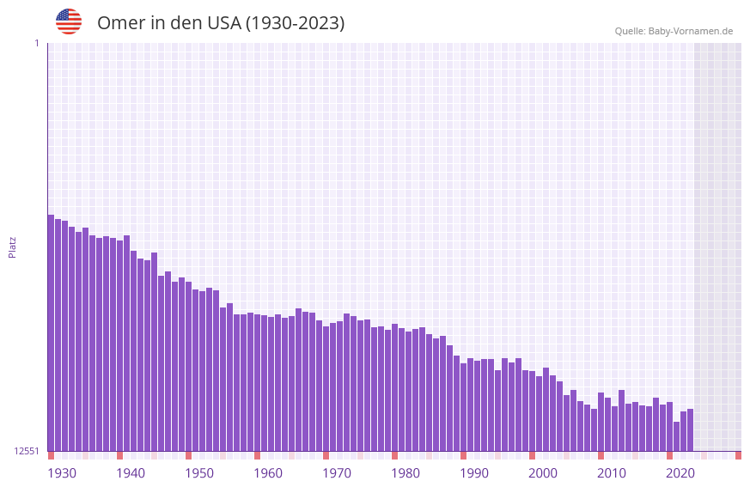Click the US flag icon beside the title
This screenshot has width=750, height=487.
tap(69, 22)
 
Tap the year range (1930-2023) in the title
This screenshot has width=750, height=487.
tap(295, 23)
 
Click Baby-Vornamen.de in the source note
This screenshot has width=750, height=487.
tap(691, 31)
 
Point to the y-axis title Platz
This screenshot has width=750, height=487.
tap(12, 247)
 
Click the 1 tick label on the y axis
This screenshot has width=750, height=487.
tap(36, 43)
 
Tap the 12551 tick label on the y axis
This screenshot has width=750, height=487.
tap(27, 451)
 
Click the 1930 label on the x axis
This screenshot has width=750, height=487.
tap(62, 473)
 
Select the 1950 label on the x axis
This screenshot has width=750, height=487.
tap(199, 473)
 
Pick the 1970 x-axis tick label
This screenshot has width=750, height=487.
tap(337, 473)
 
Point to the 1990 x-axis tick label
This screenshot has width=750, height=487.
tap(474, 473)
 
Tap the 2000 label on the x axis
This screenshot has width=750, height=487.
tap(543, 473)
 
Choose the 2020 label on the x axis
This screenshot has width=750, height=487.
tap(680, 473)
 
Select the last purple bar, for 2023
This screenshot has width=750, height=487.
tap(690, 430)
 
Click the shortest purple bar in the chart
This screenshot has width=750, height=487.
tap(676, 436)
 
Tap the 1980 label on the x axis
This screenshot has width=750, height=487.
tap(405, 473)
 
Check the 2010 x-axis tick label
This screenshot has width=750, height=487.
tap(612, 473)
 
